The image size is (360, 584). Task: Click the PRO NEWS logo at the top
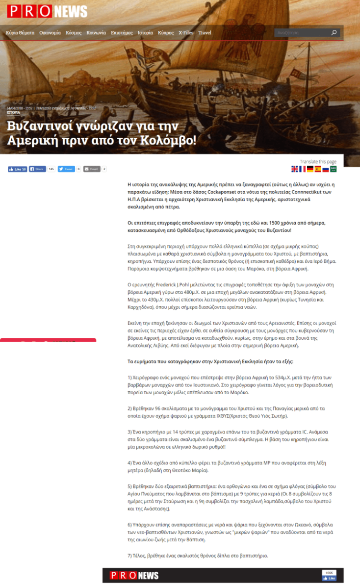47,11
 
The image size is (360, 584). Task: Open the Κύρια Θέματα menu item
20,33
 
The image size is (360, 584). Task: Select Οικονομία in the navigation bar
50,33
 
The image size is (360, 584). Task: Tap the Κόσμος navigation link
74,33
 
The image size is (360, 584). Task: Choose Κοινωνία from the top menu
96,33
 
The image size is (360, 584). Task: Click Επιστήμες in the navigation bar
122,33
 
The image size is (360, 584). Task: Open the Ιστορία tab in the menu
145,33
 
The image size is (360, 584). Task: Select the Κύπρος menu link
166,33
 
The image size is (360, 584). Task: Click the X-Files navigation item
186,33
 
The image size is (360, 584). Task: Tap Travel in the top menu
205,33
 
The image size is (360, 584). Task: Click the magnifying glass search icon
334,33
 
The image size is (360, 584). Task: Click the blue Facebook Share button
37,169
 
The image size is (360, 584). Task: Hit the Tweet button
66,169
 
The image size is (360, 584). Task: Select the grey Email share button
92,169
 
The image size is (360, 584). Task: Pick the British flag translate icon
294,169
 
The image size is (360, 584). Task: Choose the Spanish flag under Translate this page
317,169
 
